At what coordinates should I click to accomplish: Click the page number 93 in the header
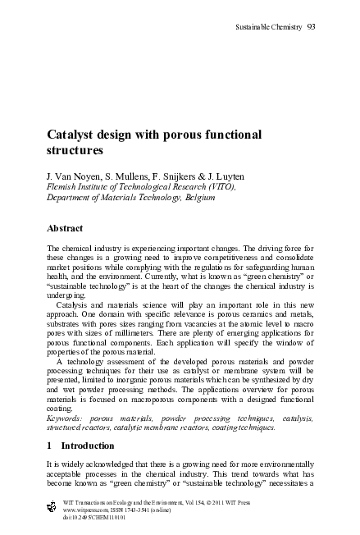click(312, 26)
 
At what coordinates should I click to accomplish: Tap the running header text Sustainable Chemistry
click(268, 26)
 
